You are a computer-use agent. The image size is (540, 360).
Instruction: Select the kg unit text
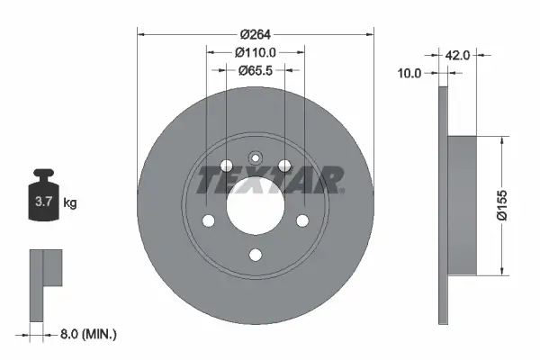(69, 203)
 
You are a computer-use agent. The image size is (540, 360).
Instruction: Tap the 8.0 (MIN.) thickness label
(88, 334)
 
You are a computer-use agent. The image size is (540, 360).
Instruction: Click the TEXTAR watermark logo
(270, 180)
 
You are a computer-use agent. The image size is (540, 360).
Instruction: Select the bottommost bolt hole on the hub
(255, 254)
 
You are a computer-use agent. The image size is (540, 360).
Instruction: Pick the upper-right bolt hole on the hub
(284, 166)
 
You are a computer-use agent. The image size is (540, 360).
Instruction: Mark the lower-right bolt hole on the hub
(302, 221)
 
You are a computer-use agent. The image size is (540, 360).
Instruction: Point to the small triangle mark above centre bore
(255, 159)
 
